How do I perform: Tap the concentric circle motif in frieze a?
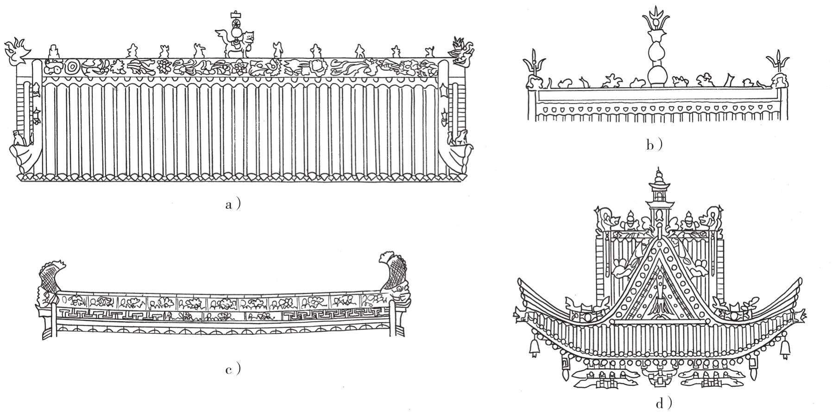[72, 67]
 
